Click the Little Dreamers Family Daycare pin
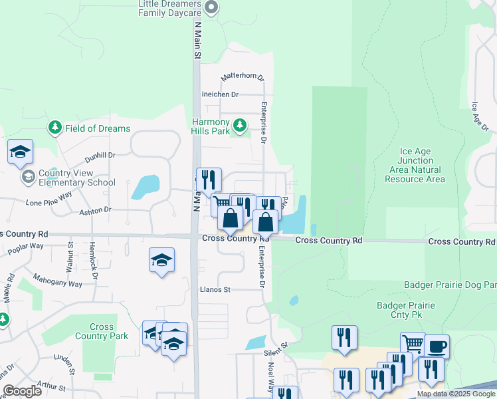click(x=211, y=8)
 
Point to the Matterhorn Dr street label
click(x=243, y=76)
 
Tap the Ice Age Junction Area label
click(x=415, y=165)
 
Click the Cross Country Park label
click(x=102, y=331)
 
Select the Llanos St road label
click(x=215, y=289)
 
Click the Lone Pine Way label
click(x=49, y=198)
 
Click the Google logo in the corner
click(x=21, y=391)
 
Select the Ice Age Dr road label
click(x=480, y=117)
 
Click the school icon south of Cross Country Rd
click(x=161, y=260)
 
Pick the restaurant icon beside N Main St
click(x=209, y=180)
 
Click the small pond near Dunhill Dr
click(x=146, y=187)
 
